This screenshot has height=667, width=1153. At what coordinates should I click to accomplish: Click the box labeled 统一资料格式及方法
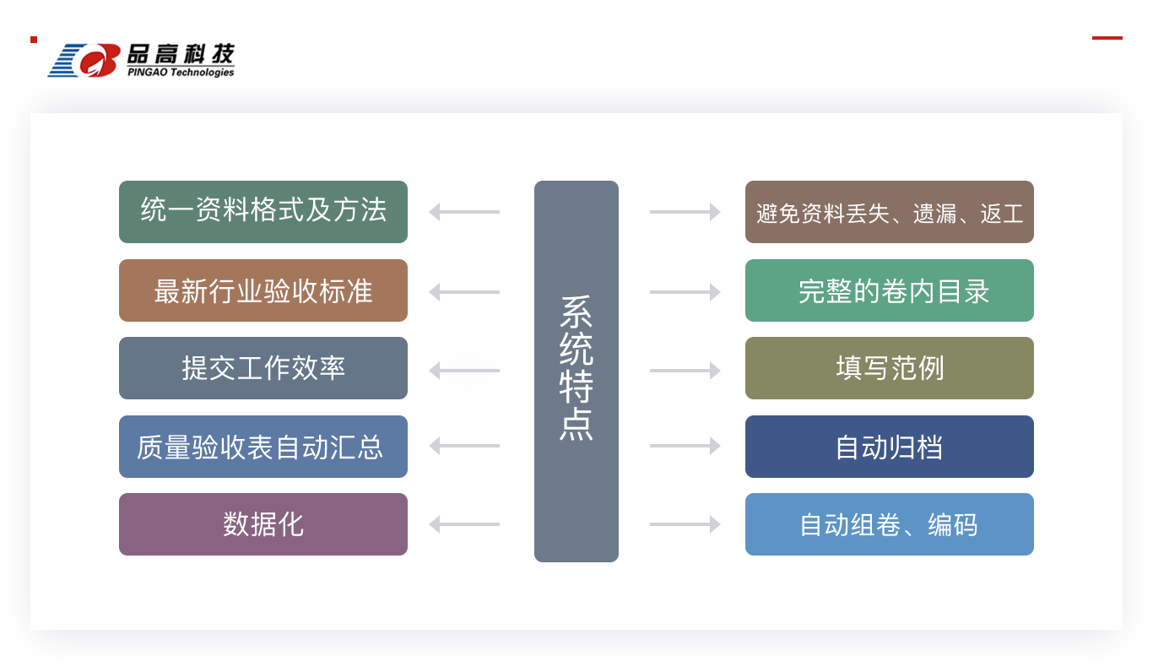pos(263,212)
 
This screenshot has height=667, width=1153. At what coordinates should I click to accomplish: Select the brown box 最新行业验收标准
pos(263,290)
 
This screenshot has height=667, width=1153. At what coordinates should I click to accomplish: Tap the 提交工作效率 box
pos(263,368)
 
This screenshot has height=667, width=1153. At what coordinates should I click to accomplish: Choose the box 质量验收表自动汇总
pos(263,447)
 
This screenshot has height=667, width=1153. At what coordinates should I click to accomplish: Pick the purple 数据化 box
pos(263,524)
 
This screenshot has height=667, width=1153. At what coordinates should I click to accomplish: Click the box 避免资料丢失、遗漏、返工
pos(890,212)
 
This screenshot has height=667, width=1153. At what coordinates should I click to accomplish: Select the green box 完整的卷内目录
pos(890,290)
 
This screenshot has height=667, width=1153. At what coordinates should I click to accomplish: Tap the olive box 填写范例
pos(890,368)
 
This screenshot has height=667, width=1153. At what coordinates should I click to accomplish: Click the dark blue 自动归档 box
pos(890,447)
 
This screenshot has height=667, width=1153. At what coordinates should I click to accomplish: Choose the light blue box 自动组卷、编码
pos(890,524)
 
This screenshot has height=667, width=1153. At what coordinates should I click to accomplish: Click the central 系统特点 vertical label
pos(576,368)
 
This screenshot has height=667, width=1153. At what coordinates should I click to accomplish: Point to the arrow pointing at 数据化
pos(464,524)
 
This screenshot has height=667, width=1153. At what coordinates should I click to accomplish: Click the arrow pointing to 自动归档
pos(685,446)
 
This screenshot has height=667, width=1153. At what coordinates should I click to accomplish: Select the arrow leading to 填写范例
pos(685,371)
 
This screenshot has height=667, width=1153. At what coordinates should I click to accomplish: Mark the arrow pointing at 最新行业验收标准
pos(464,292)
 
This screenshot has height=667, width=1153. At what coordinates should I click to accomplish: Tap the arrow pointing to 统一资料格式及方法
pos(464,212)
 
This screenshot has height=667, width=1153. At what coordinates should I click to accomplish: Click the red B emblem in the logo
pos(100,60)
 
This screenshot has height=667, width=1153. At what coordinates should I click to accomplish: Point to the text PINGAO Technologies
pos(181,72)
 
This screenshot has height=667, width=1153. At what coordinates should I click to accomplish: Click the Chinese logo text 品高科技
pos(181,53)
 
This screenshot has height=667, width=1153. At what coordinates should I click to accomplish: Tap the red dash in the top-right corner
pos(1107,38)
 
